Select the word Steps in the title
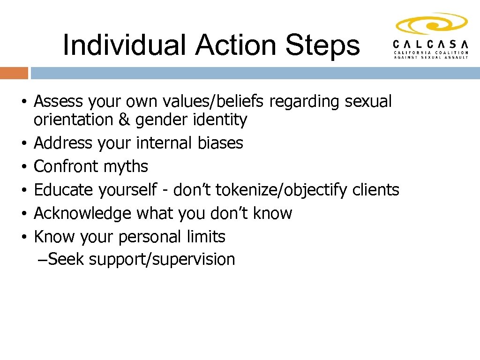pos(322,45)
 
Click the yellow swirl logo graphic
pos(431,23)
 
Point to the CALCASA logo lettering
pos(430,44)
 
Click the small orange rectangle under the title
pos(14,73)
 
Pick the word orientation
pos(73,120)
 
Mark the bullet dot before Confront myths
pos(23,167)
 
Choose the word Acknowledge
pos(83,213)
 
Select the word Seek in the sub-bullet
pos(66,259)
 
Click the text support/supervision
pos(162,259)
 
